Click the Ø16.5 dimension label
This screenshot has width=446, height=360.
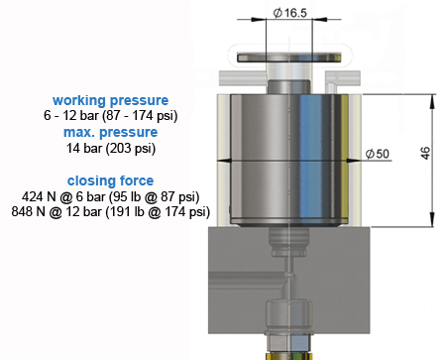click(x=290, y=13)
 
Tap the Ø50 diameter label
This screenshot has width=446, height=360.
click(x=378, y=154)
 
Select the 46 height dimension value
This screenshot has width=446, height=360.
click(x=425, y=153)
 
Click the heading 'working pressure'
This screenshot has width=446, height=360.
click(x=110, y=100)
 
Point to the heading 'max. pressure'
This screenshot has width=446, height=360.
click(x=110, y=132)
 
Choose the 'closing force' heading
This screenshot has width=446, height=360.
click(x=110, y=180)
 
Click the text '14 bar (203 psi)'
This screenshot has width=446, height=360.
click(x=111, y=148)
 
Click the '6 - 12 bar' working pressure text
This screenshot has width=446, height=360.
click(x=71, y=115)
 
